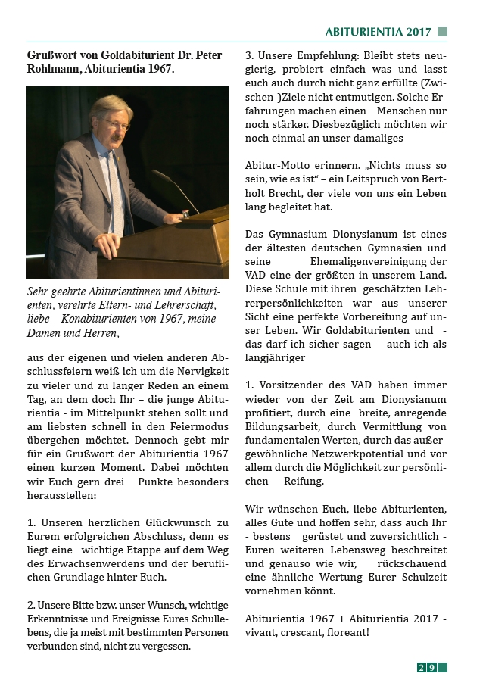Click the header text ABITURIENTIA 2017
tap(378, 32)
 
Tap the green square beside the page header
tap(442, 32)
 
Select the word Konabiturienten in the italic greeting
tap(103, 318)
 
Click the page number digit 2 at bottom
tap(421, 667)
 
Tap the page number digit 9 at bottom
tap(431, 667)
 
